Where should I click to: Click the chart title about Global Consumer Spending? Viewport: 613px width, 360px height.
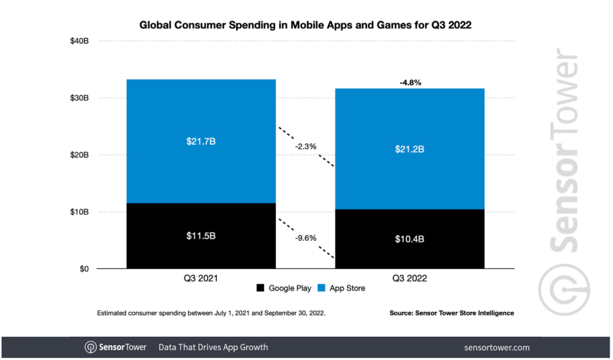(306, 25)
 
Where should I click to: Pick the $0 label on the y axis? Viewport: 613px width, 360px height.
(84, 269)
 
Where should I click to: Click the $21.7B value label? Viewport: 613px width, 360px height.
(201, 141)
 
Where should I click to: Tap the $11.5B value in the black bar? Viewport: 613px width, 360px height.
(201, 235)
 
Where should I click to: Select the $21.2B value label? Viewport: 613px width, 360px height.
(409, 149)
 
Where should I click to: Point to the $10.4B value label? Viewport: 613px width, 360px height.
(409, 239)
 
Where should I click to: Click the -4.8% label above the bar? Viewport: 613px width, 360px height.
(410, 83)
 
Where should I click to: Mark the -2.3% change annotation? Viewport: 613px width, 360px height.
(305, 146)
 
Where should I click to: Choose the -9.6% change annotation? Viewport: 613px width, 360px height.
(305, 238)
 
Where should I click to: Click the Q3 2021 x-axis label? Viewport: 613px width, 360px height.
(201, 279)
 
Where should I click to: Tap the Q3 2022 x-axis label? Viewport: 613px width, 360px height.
(409, 279)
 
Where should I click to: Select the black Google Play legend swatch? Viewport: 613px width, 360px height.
(261, 288)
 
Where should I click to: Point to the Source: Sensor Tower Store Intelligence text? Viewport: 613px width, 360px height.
(451, 313)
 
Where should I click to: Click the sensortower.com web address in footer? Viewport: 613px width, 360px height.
(497, 348)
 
